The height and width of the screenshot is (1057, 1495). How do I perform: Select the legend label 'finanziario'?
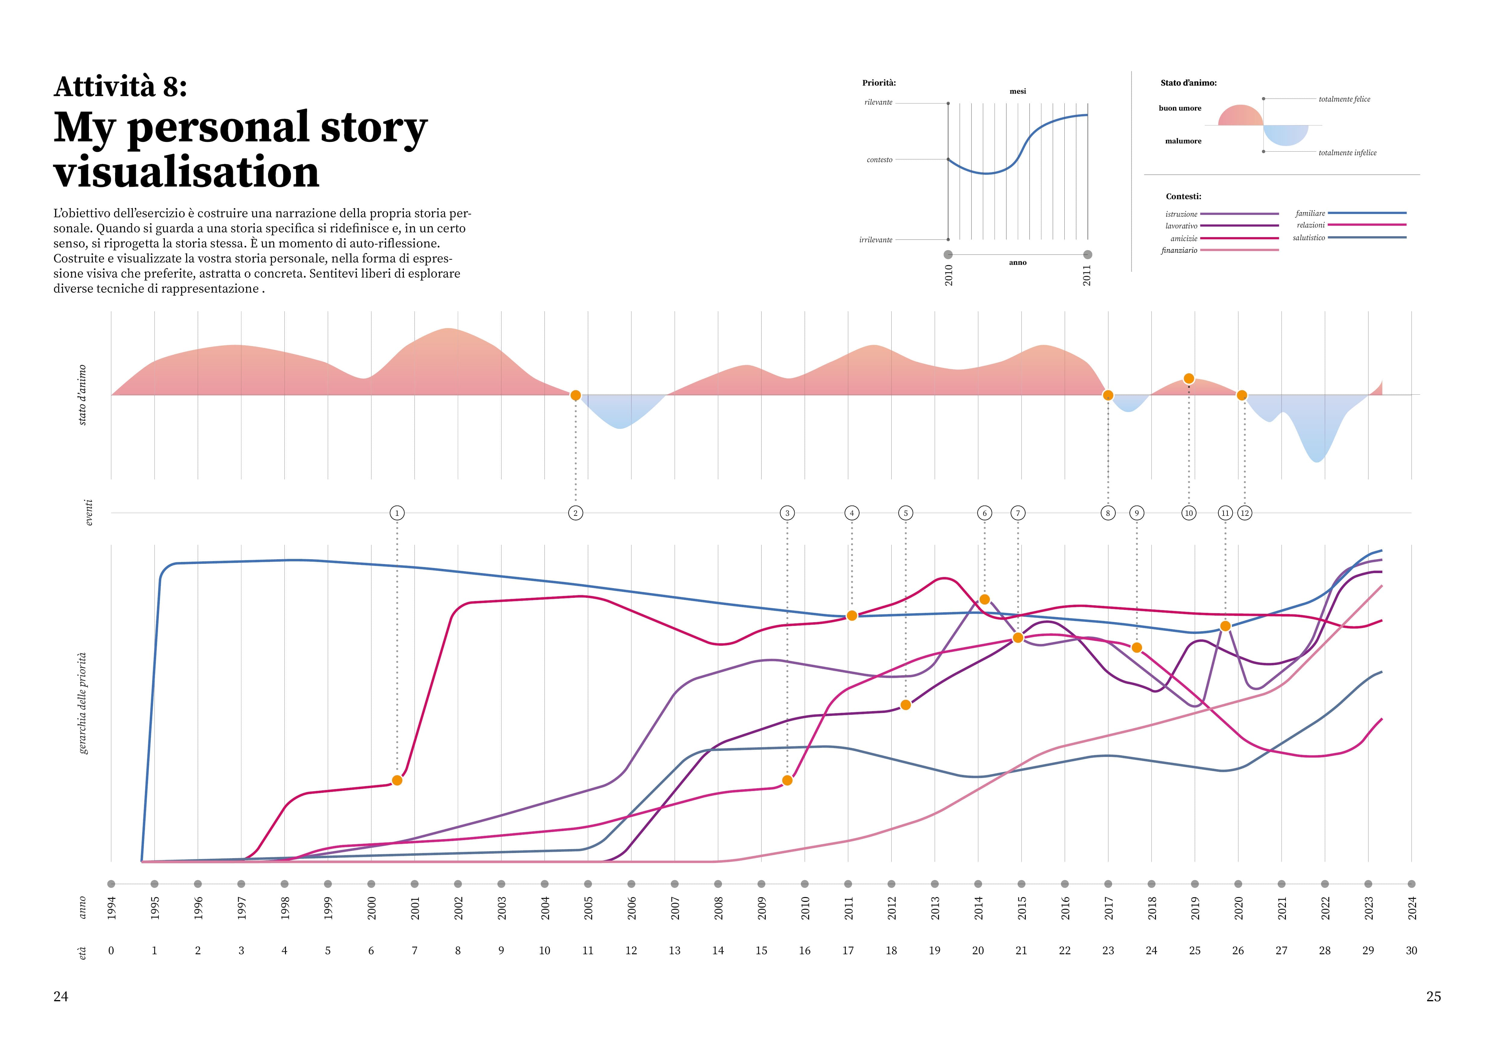(1179, 251)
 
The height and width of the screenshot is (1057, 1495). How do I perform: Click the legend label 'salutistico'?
(1309, 238)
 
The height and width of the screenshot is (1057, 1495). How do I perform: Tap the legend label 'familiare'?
(1310, 214)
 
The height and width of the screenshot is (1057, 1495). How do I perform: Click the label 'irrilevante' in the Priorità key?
(876, 240)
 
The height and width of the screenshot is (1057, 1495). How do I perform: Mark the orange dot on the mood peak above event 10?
(1189, 379)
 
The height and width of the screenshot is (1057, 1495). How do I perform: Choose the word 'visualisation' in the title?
(187, 172)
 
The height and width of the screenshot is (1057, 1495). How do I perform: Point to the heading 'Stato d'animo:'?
(1188, 83)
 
